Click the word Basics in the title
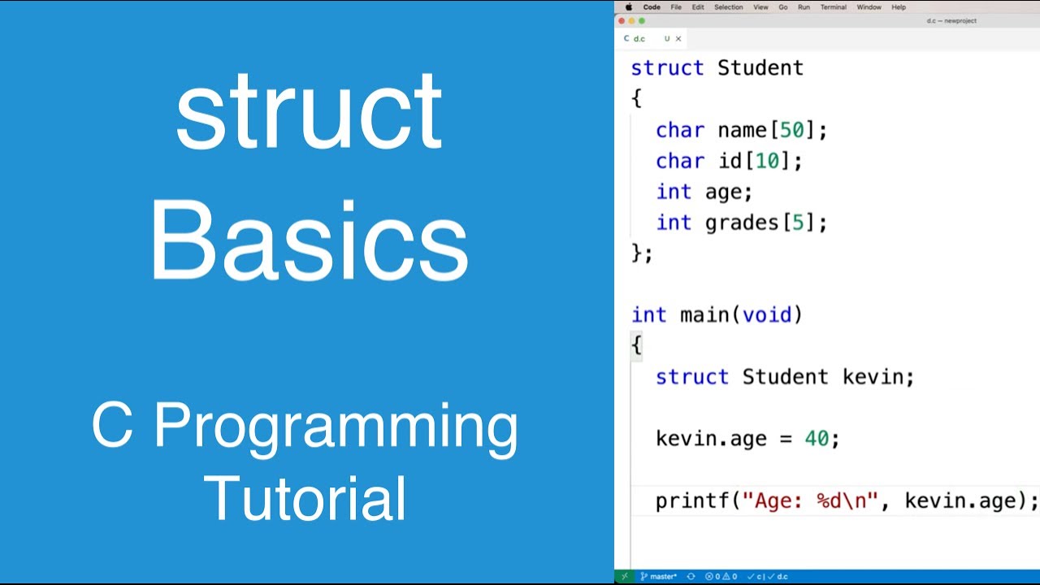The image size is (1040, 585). (x=309, y=241)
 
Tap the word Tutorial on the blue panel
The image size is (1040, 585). (x=305, y=498)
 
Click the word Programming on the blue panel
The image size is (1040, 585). (x=335, y=427)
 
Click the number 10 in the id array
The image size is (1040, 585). (x=767, y=161)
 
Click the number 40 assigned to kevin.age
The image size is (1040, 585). (x=817, y=439)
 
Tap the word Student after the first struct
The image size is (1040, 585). (x=760, y=67)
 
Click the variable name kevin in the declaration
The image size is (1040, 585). (x=873, y=377)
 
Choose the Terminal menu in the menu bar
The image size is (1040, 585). (x=833, y=7)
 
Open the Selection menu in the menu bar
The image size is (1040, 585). (x=728, y=7)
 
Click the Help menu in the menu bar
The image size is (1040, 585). (x=899, y=7)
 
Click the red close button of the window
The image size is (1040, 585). (x=622, y=20)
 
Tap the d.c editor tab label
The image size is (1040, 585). (x=639, y=38)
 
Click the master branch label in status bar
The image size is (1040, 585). (x=662, y=576)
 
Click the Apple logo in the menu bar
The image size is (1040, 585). (x=628, y=7)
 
